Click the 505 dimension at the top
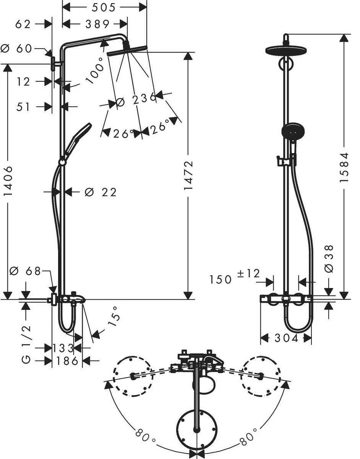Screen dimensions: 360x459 tap(104, 8)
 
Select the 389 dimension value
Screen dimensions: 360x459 tap(97, 24)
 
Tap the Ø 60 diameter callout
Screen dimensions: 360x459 tap(16, 49)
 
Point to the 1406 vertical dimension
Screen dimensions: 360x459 tap(8, 181)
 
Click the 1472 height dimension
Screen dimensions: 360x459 tap(188, 176)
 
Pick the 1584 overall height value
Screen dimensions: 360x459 tap(344, 168)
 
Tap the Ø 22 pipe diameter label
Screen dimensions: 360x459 tap(101, 192)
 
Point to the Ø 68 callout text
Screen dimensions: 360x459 tap(25, 271)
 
